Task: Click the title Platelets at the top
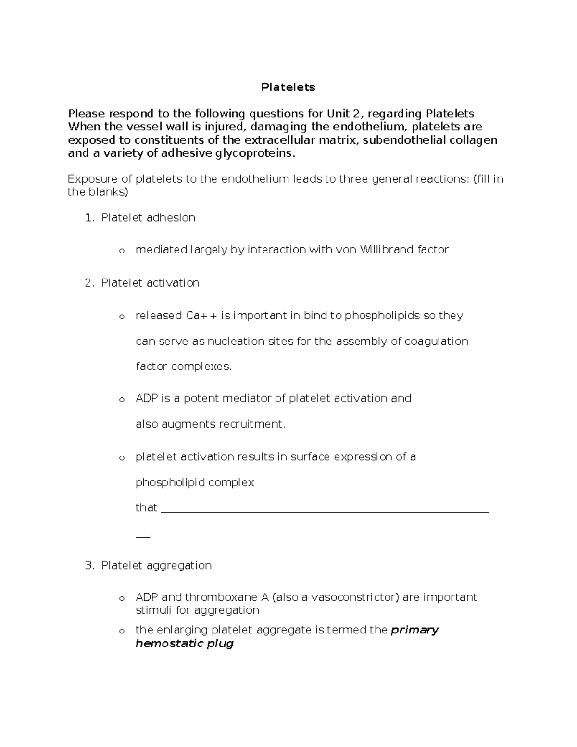pos(288,87)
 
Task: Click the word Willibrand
pos(386,250)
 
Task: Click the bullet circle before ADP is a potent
pos(122,400)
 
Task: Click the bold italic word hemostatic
pos(169,644)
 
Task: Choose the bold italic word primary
pos(414,630)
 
